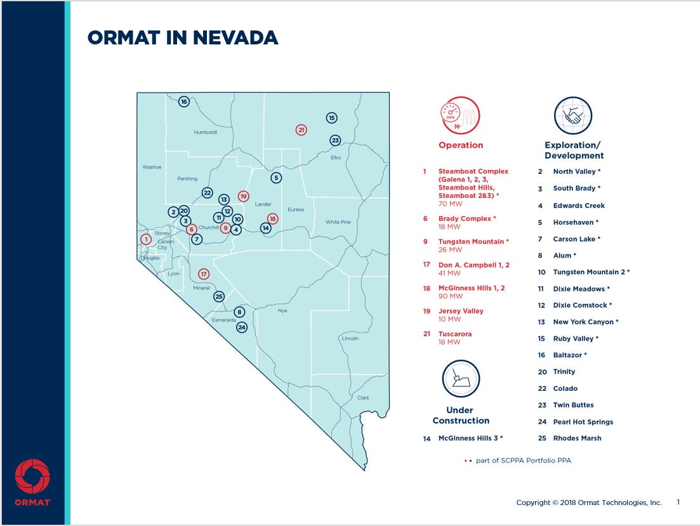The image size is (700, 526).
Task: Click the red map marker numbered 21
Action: pos(301,129)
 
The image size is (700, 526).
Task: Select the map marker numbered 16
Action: pos(184,102)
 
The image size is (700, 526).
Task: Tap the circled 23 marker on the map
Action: pos(336,140)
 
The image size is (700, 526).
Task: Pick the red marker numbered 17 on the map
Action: pos(204,274)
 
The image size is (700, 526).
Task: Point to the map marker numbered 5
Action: pos(275,178)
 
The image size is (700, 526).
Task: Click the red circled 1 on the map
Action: pos(147,239)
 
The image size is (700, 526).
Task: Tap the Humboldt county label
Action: pos(206,133)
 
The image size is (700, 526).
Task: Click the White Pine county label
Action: pos(338,222)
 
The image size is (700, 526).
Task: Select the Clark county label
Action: pos(363,398)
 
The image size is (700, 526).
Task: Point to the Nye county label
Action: pos(282,311)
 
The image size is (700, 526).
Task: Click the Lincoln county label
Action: pos(350,338)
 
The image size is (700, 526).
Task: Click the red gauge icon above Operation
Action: pos(460,116)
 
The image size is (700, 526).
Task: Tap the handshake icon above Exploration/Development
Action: pos(573,116)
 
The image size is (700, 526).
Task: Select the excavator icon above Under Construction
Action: pos(461,379)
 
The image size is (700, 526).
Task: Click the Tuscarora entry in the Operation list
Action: pos(455,334)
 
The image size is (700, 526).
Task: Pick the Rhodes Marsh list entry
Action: pos(577,438)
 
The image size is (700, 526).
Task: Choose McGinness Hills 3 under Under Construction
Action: pos(470,438)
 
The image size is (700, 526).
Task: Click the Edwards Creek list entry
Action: pos(579,206)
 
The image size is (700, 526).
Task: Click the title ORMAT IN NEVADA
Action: pos(183,38)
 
